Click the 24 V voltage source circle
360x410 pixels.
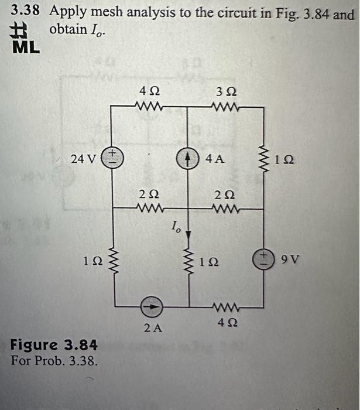[111, 158]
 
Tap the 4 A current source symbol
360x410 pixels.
[187, 158]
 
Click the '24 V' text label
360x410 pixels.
[82, 158]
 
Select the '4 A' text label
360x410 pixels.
[214, 158]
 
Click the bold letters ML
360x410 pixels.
[26, 48]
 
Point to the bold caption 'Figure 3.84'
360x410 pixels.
[54, 343]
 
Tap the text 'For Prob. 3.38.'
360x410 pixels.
[54, 358]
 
